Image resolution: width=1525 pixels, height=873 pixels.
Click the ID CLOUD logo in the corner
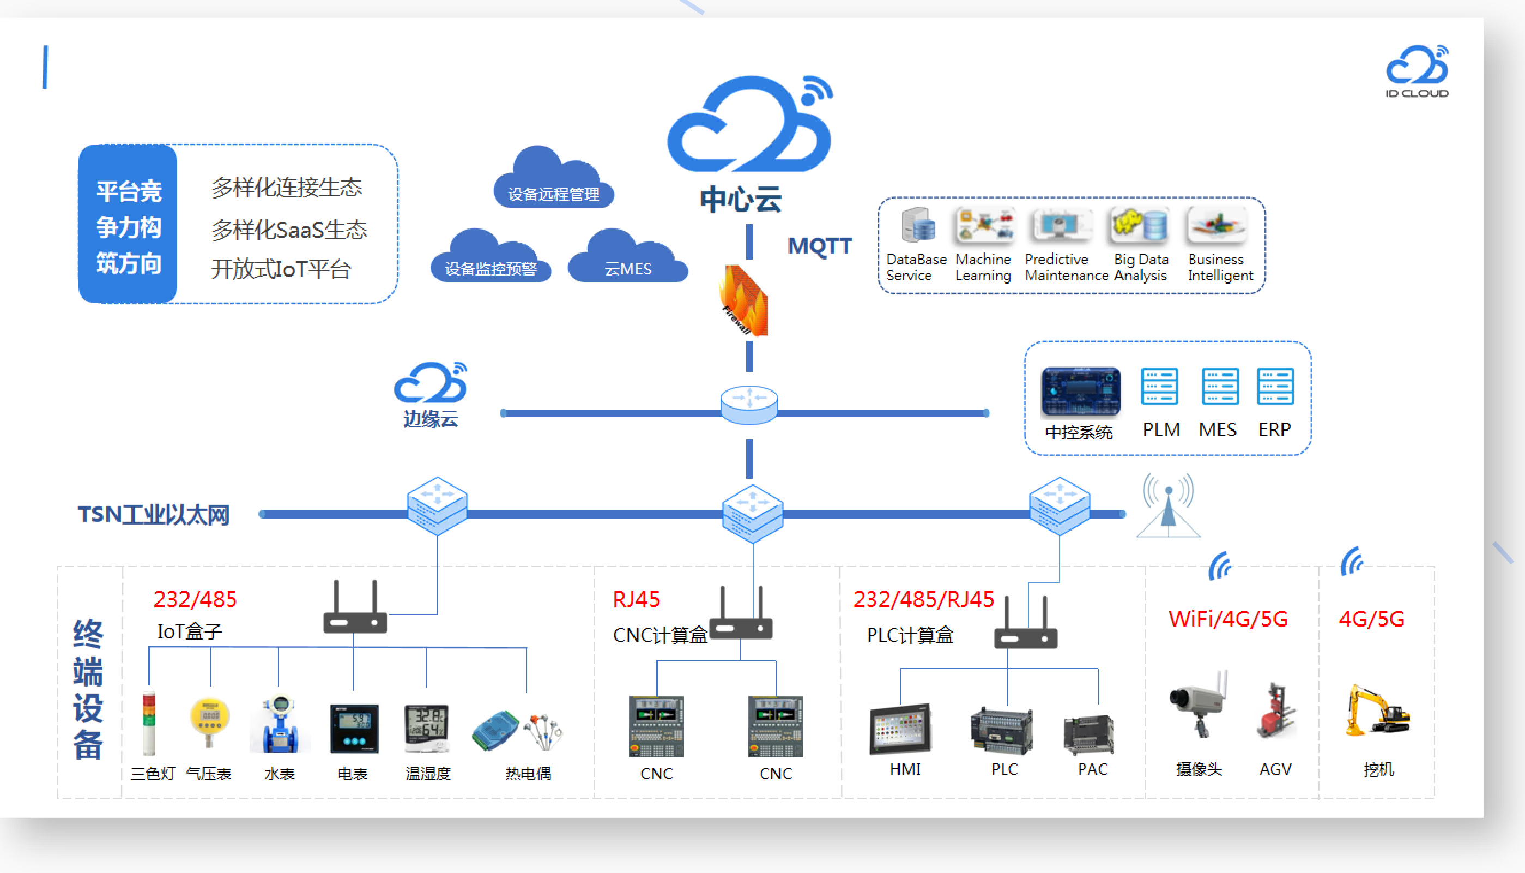[1417, 71]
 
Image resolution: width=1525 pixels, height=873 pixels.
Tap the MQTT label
[819, 246]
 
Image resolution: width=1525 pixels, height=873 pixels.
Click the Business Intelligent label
[1220, 267]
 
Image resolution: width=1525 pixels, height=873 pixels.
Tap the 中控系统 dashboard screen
[1080, 391]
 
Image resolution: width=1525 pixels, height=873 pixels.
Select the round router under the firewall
[749, 405]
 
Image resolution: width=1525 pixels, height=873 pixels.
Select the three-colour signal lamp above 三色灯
[149, 723]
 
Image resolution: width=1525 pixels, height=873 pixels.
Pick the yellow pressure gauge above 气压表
[209, 720]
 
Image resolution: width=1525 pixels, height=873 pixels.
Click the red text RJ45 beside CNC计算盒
[636, 600]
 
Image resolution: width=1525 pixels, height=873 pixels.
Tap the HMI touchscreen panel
[900, 729]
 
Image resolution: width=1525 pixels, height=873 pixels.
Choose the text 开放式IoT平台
[281, 269]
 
